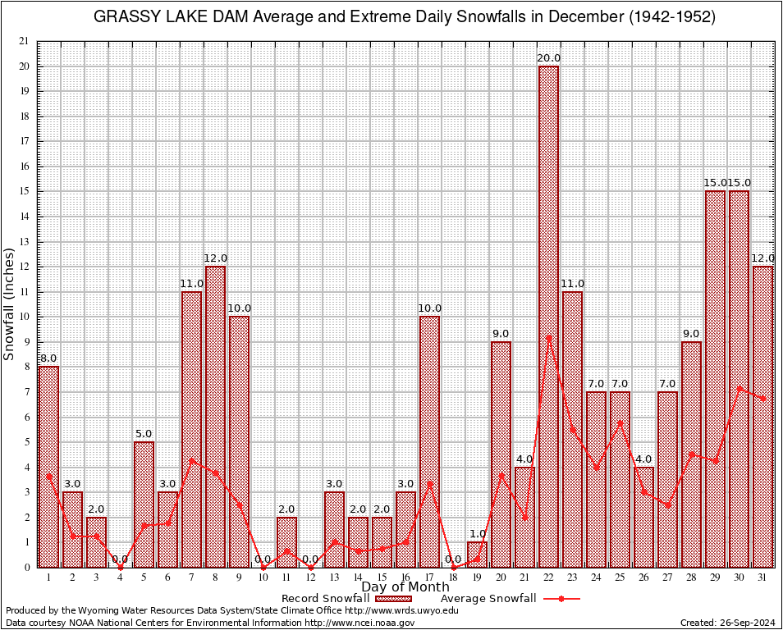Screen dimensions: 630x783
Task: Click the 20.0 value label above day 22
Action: pyautogui.click(x=548, y=58)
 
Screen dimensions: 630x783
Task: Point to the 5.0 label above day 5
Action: pyautogui.click(x=144, y=434)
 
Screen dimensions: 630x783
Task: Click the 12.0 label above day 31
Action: pyautogui.click(x=762, y=258)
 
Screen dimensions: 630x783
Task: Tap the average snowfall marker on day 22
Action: pyautogui.click(x=548, y=336)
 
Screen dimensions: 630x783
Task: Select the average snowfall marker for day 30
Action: pyautogui.click(x=739, y=388)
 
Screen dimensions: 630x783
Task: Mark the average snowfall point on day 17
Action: pyautogui.click(x=429, y=483)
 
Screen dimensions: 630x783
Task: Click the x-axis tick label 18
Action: pyautogui.click(x=453, y=577)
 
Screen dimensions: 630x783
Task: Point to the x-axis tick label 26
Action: pyautogui.click(x=643, y=577)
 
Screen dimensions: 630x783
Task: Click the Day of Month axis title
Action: pyautogui.click(x=405, y=587)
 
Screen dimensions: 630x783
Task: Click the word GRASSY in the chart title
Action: pyautogui.click(x=126, y=17)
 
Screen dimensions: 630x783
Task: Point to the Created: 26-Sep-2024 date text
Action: pyautogui.click(x=727, y=623)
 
